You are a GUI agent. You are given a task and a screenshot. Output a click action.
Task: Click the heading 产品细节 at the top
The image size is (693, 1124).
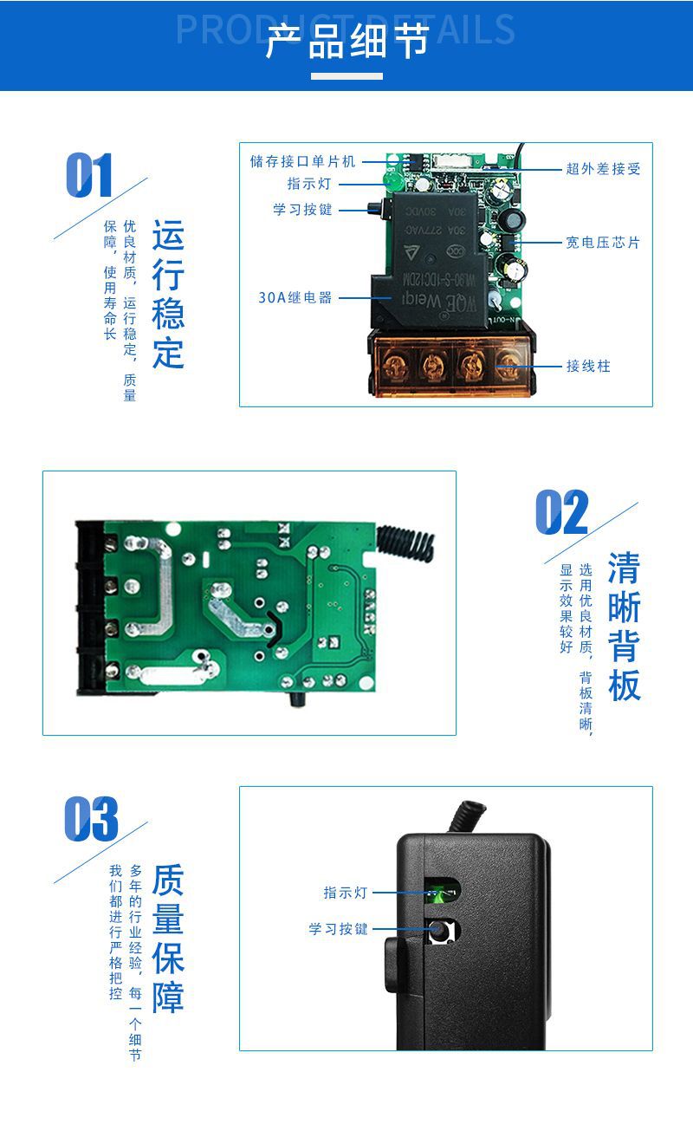pyautogui.click(x=346, y=42)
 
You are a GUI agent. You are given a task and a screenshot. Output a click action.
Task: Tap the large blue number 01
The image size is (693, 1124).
pyautogui.click(x=89, y=176)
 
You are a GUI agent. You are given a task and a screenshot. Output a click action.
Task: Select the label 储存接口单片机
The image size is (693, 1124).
pyautogui.click(x=302, y=161)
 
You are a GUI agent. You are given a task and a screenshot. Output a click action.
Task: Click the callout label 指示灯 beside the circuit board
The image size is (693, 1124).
pyautogui.click(x=309, y=185)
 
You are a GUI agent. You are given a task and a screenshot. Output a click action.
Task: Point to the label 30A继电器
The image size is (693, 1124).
pyautogui.click(x=295, y=297)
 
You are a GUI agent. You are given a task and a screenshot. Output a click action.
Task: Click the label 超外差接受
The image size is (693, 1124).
pyautogui.click(x=603, y=169)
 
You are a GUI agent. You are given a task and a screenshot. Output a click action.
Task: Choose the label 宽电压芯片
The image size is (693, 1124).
pyautogui.click(x=603, y=243)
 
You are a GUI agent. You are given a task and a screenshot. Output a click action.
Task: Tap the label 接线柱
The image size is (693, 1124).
pyautogui.click(x=588, y=367)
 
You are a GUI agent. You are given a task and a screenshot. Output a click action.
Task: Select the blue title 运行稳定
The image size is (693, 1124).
pyautogui.click(x=168, y=294)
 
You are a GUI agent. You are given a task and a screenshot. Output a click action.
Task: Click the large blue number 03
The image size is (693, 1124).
pyautogui.click(x=91, y=819)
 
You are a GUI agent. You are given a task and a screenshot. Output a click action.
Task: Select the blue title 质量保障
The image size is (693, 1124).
pyautogui.click(x=168, y=939)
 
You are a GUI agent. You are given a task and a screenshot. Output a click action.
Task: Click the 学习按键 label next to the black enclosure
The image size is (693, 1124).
pyautogui.click(x=339, y=929)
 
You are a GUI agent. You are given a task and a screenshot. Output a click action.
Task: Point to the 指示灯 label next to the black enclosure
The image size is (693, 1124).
pyautogui.click(x=346, y=893)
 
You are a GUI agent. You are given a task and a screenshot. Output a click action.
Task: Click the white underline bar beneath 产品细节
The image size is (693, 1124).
pyautogui.click(x=346, y=76)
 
